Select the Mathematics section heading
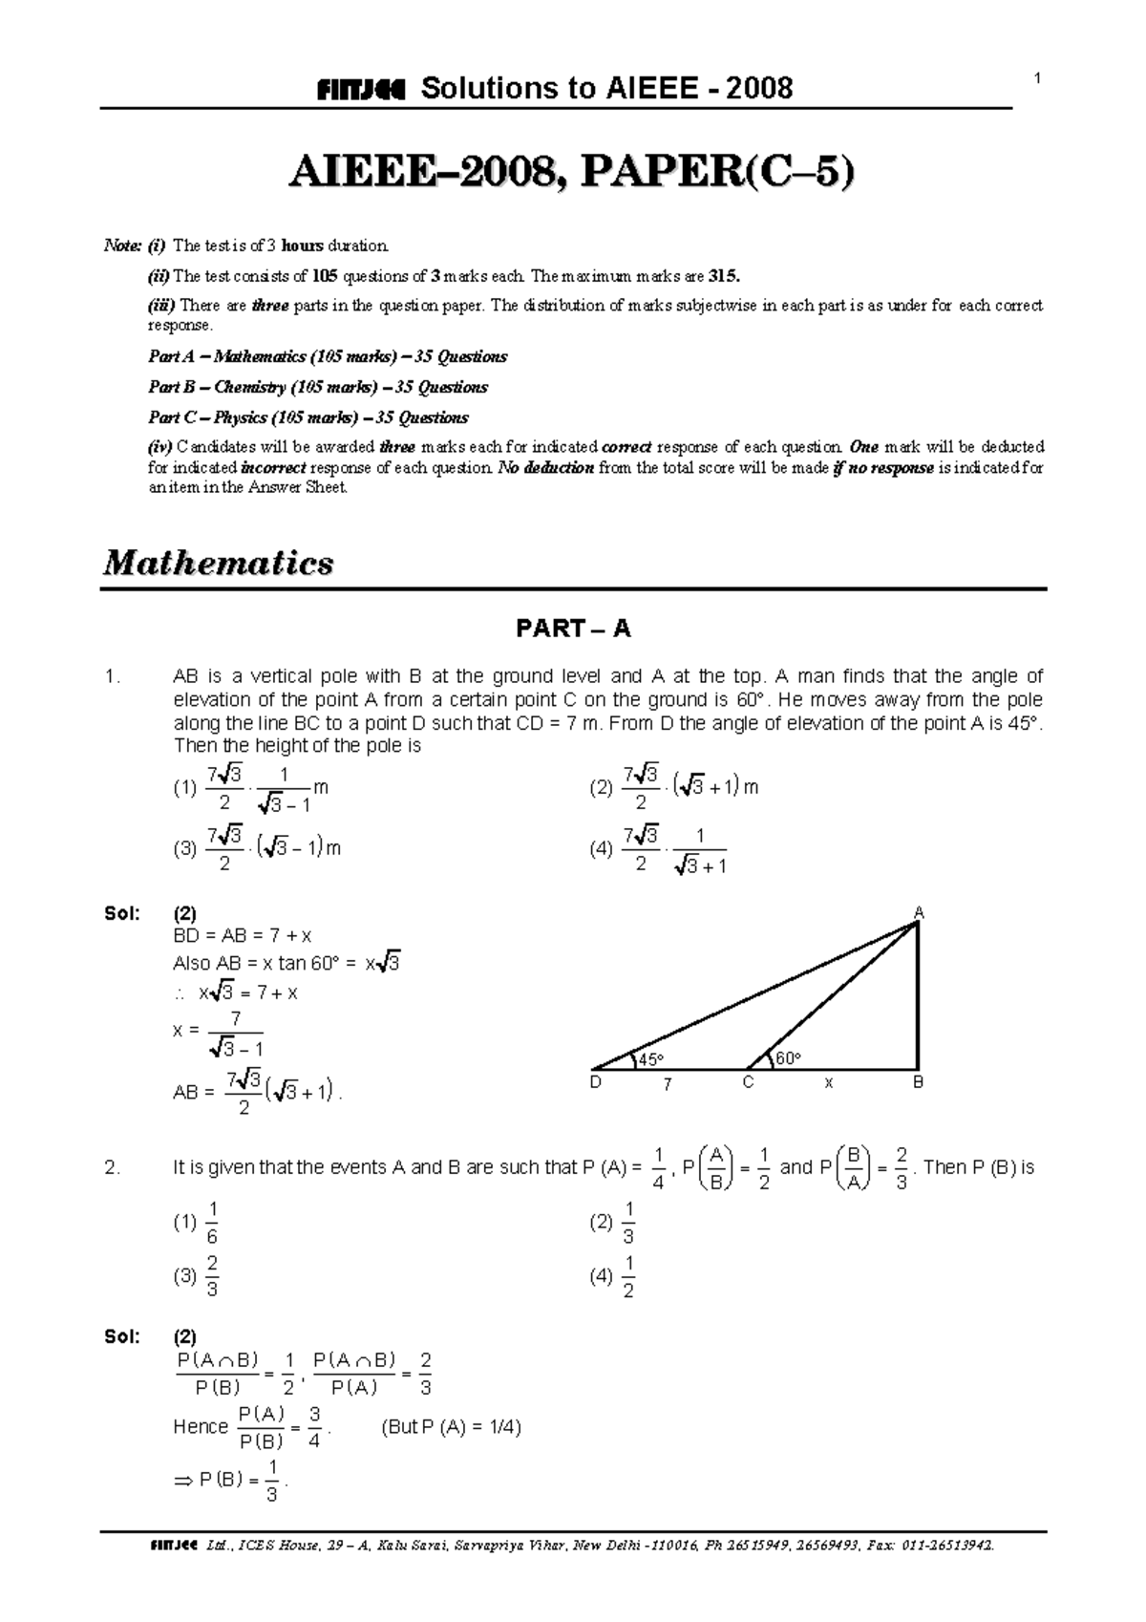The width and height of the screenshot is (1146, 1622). (x=219, y=563)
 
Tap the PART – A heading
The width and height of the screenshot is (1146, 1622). (x=572, y=629)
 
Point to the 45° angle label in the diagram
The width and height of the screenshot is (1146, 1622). (x=649, y=1059)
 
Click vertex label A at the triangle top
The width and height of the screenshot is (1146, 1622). (x=919, y=914)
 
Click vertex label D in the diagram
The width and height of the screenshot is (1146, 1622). (x=595, y=1083)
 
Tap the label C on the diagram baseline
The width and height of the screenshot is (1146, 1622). (x=748, y=1083)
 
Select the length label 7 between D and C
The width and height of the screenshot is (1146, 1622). (x=668, y=1085)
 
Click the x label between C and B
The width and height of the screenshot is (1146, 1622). (x=829, y=1084)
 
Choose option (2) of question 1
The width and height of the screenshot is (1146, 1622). (x=673, y=788)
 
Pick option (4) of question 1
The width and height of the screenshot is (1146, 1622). (x=659, y=849)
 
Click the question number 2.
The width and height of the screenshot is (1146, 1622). (x=113, y=1167)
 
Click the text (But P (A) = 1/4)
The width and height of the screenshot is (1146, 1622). (x=451, y=1427)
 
